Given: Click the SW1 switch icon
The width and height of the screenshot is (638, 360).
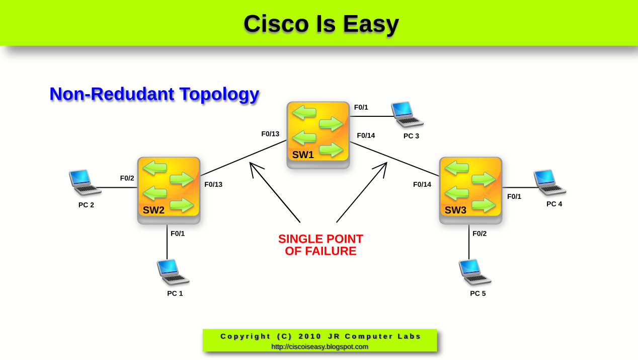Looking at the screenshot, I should coord(318,134).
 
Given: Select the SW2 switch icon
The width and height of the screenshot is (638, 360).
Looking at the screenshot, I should coord(169,190).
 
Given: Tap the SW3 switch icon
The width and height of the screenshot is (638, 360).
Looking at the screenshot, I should coord(470,190).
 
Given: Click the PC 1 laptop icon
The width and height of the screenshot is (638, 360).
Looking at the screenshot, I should coord(173,272).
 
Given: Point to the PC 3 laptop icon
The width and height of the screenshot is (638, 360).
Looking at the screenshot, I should coord(407,114).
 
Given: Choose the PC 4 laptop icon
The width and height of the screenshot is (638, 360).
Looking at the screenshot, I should coord(549,182).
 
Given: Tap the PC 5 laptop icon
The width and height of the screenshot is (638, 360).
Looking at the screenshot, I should coord(474,272).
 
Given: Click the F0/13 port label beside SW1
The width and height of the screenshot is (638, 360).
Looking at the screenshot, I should coord(270,134).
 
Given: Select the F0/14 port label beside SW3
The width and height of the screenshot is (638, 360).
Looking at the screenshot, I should coord(422,184).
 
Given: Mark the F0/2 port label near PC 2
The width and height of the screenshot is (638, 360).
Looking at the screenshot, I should coord(127,178).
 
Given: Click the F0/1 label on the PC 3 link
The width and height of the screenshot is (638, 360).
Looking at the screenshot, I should coord(361,107).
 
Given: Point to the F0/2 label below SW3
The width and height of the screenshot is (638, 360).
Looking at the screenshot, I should coord(480,234).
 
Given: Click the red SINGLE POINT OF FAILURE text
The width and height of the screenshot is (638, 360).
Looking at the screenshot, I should coord(321,245).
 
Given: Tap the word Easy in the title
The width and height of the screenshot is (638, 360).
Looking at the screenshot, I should coord(371,24).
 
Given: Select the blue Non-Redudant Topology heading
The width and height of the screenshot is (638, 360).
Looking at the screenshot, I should coord(154,94).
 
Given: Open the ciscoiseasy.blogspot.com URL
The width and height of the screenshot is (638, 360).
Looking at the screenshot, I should coord(320,346).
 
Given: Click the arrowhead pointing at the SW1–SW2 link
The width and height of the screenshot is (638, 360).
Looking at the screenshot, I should coord(253,166).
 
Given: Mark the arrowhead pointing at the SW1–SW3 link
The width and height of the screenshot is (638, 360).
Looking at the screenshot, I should coord(383,166).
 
